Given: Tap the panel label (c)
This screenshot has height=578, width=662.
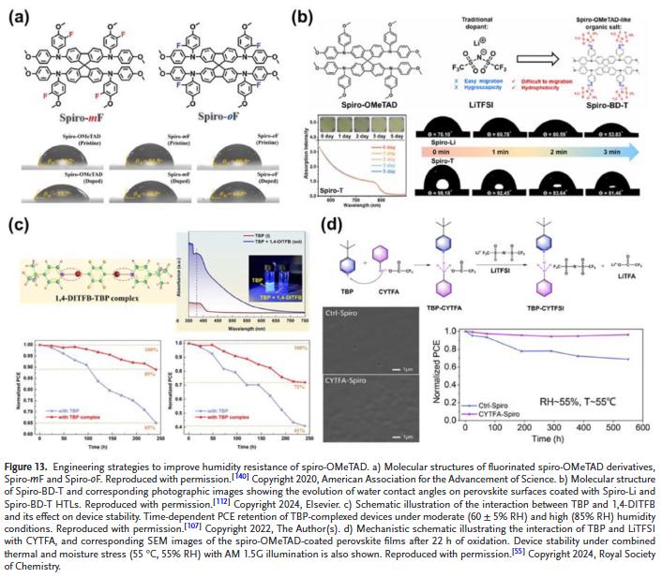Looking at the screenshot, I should tap(19, 225).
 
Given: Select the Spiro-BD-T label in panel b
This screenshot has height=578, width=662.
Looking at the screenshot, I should tap(597, 102).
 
